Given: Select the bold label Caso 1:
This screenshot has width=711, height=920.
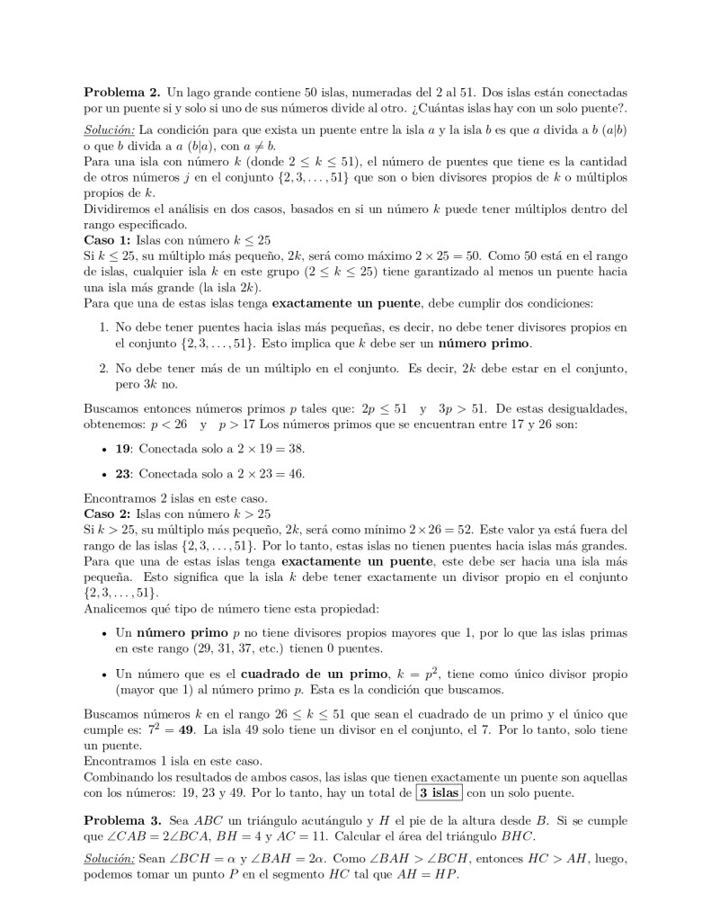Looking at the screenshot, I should [107, 240].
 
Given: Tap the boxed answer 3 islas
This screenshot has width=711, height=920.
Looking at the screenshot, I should [440, 792].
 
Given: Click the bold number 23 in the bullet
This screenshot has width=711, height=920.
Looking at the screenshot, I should [124, 473].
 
